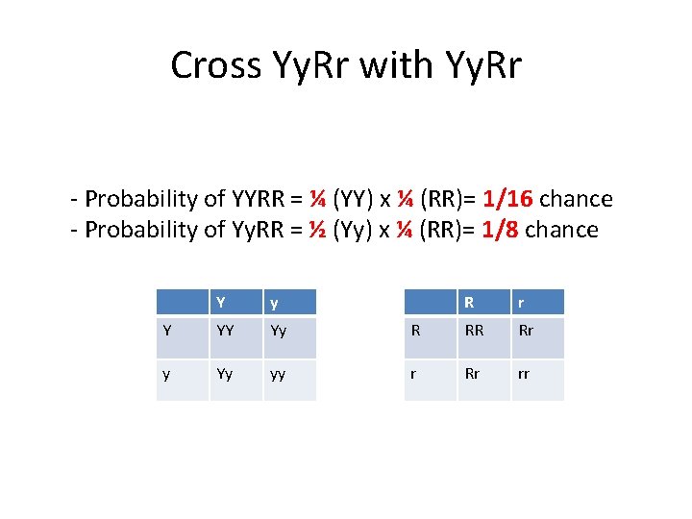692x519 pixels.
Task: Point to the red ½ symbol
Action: pos(316,230)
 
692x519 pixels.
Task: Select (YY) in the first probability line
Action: pos(354,199)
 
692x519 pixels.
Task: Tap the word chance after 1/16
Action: pos(576,199)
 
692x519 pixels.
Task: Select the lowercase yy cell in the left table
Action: pos(277,375)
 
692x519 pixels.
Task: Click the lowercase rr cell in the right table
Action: pos(525,375)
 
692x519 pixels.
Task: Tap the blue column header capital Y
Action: pos(221,302)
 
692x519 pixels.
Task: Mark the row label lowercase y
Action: pos(167,375)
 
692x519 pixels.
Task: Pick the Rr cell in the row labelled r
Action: pos(473,375)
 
